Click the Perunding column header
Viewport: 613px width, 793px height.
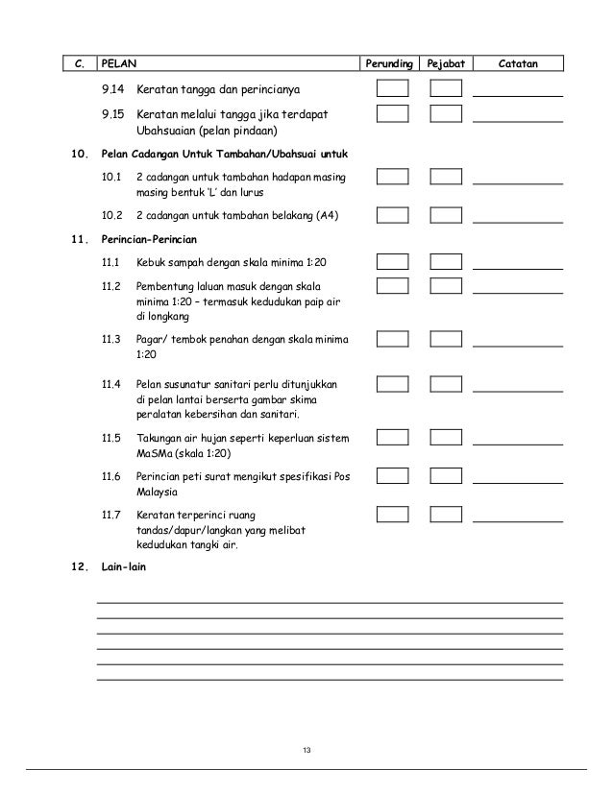pyautogui.click(x=388, y=64)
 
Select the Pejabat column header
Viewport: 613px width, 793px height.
pyautogui.click(x=445, y=64)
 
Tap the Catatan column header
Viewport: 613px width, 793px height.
pyautogui.click(x=518, y=64)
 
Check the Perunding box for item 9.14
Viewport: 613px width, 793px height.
pyautogui.click(x=392, y=89)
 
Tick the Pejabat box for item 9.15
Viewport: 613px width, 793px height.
pyautogui.click(x=446, y=114)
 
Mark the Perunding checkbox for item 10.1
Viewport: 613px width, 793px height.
pyautogui.click(x=392, y=177)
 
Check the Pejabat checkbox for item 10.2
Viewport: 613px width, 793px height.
pyautogui.click(x=446, y=214)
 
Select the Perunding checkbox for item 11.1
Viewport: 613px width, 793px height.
pyautogui.click(x=392, y=261)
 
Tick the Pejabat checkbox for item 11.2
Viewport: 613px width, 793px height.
pyautogui.click(x=446, y=286)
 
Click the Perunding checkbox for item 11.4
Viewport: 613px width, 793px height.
pyautogui.click(x=392, y=385)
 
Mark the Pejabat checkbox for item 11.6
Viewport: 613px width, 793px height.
pyautogui.click(x=446, y=475)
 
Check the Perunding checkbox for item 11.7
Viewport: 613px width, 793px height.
pyautogui.click(x=392, y=515)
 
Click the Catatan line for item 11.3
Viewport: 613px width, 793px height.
pyautogui.click(x=518, y=345)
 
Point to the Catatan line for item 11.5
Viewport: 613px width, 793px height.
pyautogui.click(x=518, y=445)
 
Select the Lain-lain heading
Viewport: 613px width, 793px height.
pyautogui.click(x=124, y=565)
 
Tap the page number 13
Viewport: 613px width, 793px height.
pyautogui.click(x=306, y=750)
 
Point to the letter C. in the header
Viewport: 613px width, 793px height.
pyautogui.click(x=79, y=64)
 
